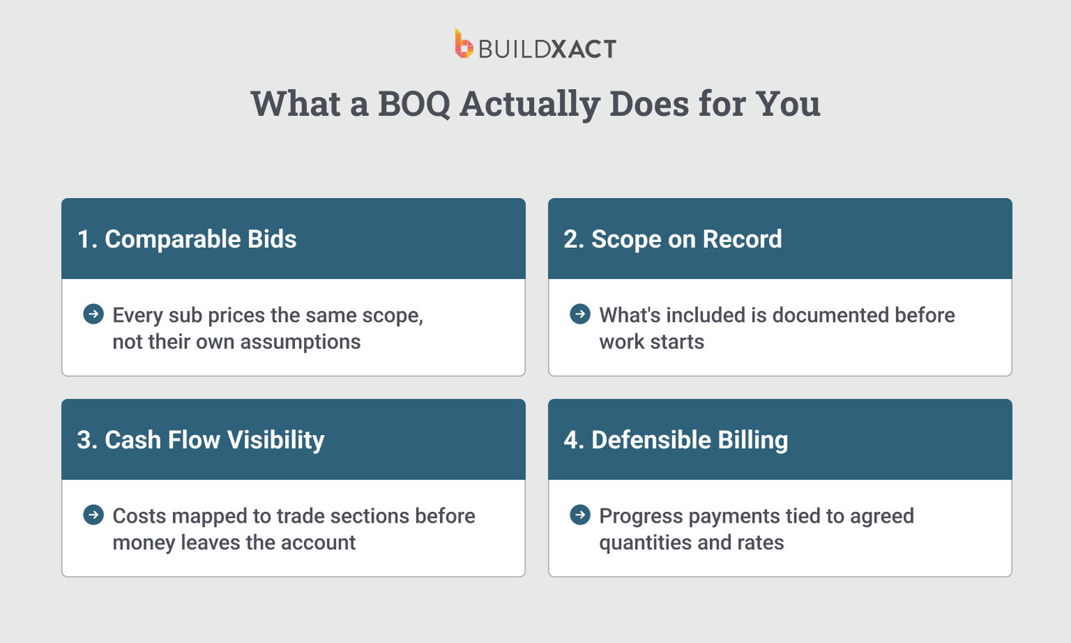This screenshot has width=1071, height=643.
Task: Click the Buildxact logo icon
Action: tap(464, 44)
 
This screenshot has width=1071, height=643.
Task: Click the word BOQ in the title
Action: tap(414, 104)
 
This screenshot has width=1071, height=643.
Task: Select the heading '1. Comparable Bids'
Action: tap(187, 239)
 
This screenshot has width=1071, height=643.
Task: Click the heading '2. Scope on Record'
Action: tap(672, 239)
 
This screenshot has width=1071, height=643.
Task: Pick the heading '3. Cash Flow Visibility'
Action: tap(200, 440)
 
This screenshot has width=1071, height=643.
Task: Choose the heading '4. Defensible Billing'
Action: tap(675, 440)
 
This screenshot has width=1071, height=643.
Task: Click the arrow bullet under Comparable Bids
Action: tap(93, 314)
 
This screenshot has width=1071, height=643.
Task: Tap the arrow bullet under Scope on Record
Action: tap(580, 314)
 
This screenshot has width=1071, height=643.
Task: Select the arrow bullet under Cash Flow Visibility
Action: tap(93, 515)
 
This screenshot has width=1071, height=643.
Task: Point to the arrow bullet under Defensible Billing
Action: tap(580, 515)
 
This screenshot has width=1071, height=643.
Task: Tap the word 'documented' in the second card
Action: tap(830, 315)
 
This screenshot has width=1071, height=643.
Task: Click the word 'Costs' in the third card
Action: tap(140, 516)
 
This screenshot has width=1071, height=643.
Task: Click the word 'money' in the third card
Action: tap(144, 543)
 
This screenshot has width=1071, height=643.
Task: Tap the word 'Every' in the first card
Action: tap(138, 315)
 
